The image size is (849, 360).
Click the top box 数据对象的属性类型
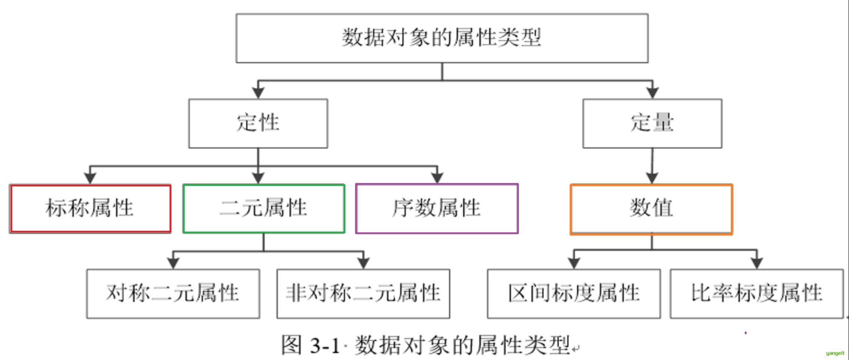pyautogui.click(x=442, y=38)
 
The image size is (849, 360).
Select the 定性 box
pyautogui.click(x=258, y=123)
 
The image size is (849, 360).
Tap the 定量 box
pyautogui.click(x=652, y=123)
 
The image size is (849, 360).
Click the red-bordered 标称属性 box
pyautogui.click(x=90, y=208)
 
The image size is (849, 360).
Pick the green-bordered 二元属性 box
pyautogui.click(x=264, y=208)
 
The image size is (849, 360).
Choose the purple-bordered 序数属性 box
pyautogui.click(x=437, y=208)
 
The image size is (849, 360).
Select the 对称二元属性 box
pyautogui.click(x=173, y=293)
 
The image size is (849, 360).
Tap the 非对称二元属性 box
pyautogui.click(x=363, y=293)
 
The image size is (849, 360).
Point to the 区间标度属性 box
pyautogui.click(x=574, y=293)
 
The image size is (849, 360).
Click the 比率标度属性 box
pyautogui.click(x=756, y=293)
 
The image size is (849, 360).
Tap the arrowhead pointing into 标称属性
pyautogui.click(x=90, y=178)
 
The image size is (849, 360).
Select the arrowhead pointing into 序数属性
pyautogui.click(x=437, y=178)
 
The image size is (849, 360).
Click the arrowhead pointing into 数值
pyautogui.click(x=652, y=178)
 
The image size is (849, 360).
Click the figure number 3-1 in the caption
pyautogui.click(x=324, y=346)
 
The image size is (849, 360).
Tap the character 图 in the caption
pyautogui.click(x=291, y=345)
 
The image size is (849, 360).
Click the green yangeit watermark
pyautogui.click(x=835, y=353)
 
